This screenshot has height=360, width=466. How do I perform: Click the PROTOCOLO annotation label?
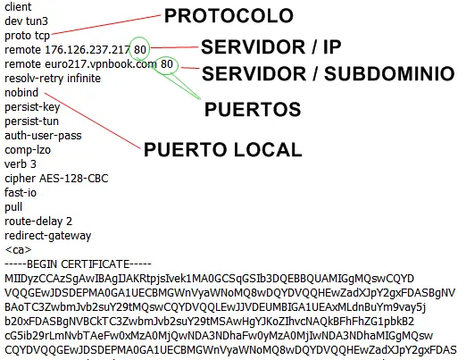click(x=229, y=16)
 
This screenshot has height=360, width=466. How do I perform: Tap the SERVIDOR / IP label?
click(x=270, y=47)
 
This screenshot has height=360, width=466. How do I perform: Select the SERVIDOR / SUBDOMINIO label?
click(x=329, y=74)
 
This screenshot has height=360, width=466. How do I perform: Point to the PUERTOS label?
click(x=253, y=109)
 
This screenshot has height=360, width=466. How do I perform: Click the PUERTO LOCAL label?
click(x=223, y=149)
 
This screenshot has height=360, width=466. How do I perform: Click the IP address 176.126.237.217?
click(x=87, y=50)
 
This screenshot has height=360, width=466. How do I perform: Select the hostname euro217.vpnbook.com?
click(x=101, y=64)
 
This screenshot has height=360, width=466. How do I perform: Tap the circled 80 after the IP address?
click(x=140, y=49)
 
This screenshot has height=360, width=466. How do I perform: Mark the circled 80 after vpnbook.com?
click(x=167, y=63)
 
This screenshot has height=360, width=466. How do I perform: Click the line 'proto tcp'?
click(x=27, y=36)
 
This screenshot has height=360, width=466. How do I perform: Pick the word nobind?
click(x=21, y=93)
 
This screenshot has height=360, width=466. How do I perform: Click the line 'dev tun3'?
click(x=26, y=21)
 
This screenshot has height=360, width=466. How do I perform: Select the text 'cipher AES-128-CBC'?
click(x=56, y=179)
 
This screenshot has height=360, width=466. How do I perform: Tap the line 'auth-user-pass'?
click(x=43, y=136)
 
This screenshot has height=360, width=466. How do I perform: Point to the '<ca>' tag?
click(x=18, y=250)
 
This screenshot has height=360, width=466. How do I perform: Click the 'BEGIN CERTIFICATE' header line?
click(x=79, y=264)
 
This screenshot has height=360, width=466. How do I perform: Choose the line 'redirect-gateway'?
click(x=48, y=236)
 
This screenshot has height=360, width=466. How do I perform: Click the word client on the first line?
click(x=18, y=6)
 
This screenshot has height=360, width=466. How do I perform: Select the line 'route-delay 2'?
click(x=38, y=222)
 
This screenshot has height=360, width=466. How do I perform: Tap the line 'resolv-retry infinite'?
click(x=53, y=79)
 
